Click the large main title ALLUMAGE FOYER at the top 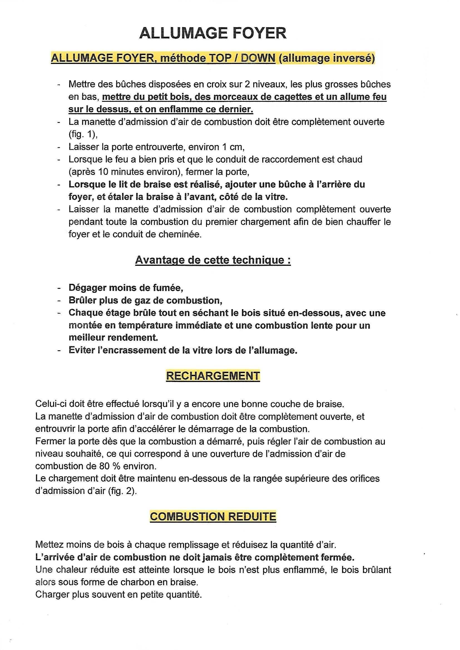pyautogui.click(x=213, y=33)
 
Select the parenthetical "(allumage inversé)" pyautogui.click(x=327, y=58)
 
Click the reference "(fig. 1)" pyautogui.click(x=83, y=135)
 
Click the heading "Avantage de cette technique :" pyautogui.click(x=213, y=260)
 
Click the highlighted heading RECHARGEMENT pyautogui.click(x=213, y=376)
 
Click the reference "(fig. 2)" pyautogui.click(x=122, y=491)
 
